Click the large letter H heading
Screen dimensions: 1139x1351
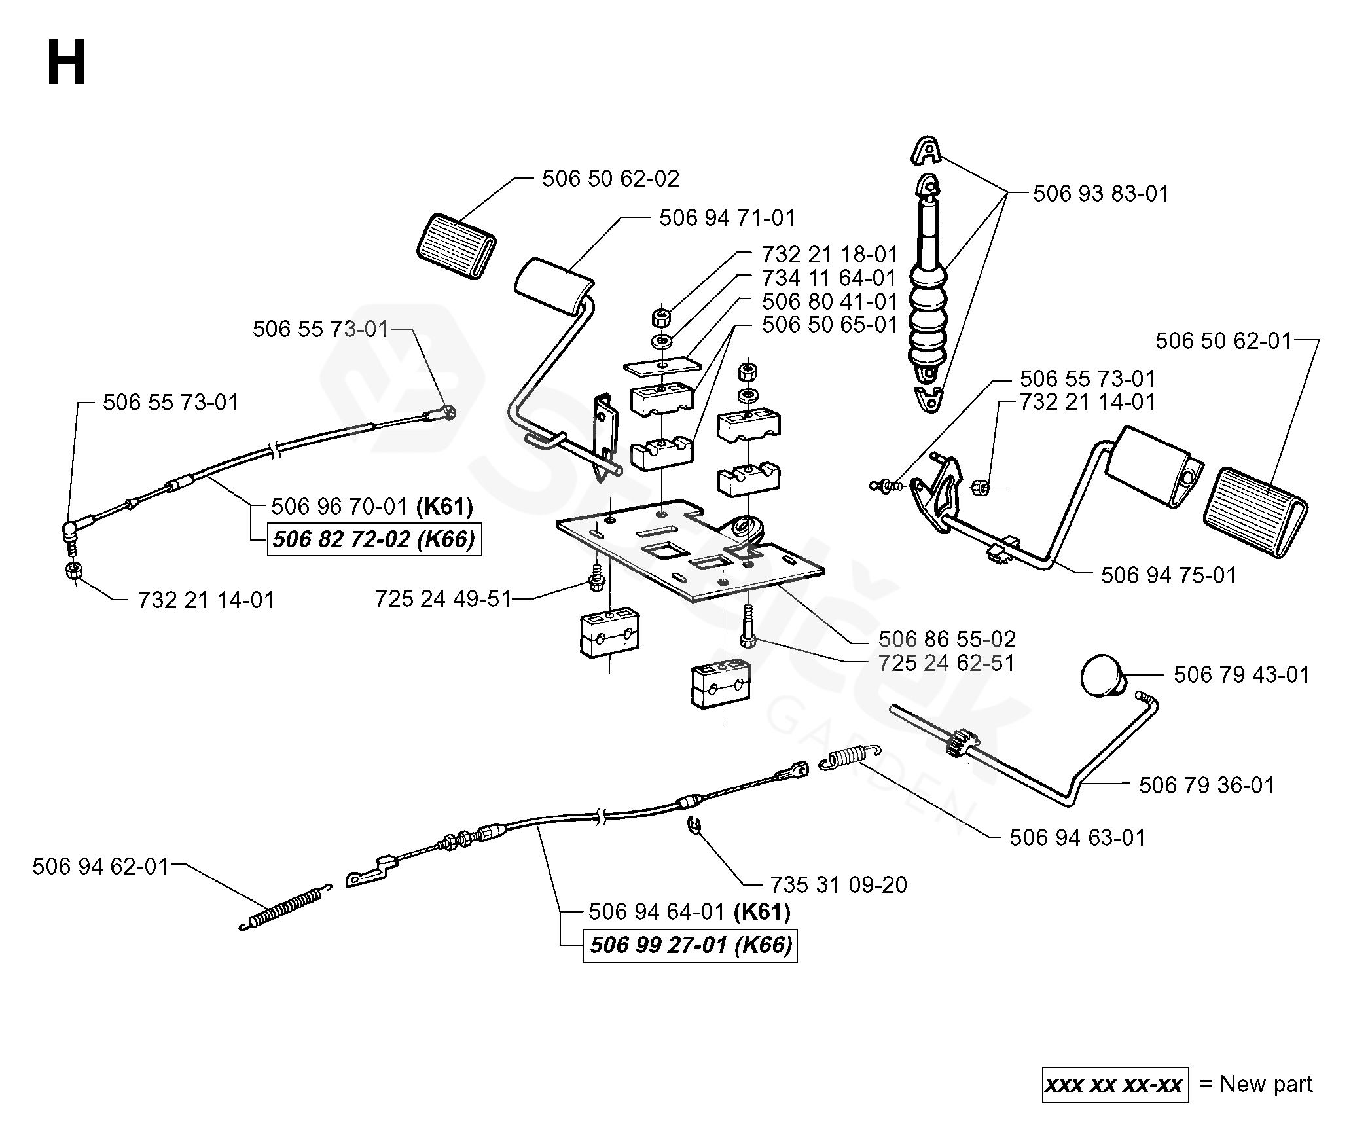click(x=66, y=63)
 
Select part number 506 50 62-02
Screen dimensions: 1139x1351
click(x=610, y=179)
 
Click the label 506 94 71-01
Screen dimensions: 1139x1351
click(x=727, y=218)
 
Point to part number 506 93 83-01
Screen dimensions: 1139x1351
click(x=1100, y=194)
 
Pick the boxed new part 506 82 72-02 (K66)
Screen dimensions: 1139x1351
click(x=374, y=539)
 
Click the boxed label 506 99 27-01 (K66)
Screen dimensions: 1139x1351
click(x=690, y=945)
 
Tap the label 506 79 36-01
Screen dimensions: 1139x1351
click(x=1206, y=785)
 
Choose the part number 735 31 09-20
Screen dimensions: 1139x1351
click(x=838, y=884)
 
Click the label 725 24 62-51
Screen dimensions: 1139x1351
click(x=946, y=662)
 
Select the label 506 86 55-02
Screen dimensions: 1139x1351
click(x=946, y=639)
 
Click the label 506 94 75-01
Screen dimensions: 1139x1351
click(x=1168, y=575)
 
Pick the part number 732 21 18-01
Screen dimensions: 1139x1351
click(x=829, y=255)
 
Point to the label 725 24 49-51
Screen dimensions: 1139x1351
click(x=442, y=599)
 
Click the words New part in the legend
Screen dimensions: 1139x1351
click(x=1266, y=1084)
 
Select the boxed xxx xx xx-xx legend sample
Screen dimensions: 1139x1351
click(x=1115, y=1085)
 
